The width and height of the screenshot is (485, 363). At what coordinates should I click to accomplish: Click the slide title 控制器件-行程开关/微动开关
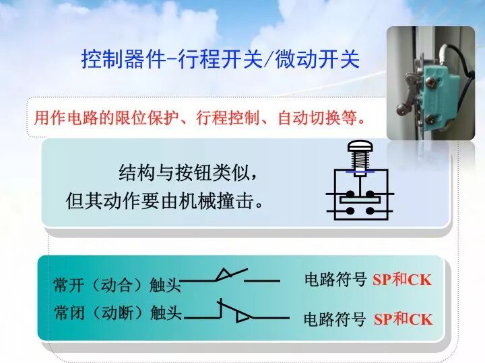220,59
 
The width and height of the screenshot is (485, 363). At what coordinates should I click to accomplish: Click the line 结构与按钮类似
188,173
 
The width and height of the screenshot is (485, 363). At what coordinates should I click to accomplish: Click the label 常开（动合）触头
117,285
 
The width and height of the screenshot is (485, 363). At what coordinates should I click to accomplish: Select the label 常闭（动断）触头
117,313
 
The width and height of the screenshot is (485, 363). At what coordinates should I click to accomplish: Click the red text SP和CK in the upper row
402,280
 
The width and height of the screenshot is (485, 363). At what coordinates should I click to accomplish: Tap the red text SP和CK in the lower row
403,319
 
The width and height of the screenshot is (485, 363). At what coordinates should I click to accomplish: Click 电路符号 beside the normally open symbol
335,280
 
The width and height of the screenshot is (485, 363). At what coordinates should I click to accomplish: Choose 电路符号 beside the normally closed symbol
335,319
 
